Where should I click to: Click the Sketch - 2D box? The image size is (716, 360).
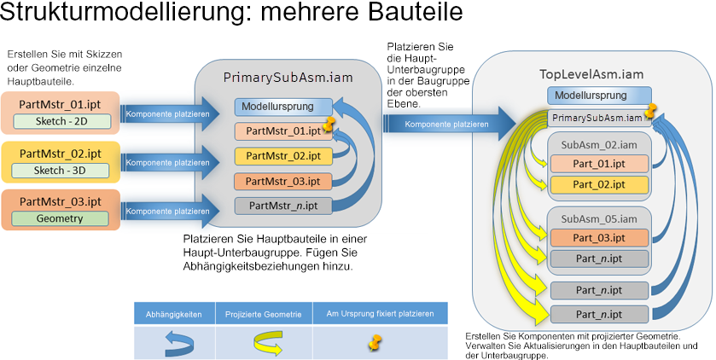click(x=61, y=121)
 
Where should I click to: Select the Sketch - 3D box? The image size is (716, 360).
click(x=61, y=171)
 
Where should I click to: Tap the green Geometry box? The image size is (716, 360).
click(x=60, y=218)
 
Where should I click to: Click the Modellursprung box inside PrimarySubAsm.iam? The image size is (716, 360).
click(x=283, y=107)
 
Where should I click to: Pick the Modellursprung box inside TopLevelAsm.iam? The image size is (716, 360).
click(x=599, y=96)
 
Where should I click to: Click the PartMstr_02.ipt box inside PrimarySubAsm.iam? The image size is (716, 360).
click(x=283, y=156)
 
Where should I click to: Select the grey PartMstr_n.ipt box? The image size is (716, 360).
click(x=283, y=206)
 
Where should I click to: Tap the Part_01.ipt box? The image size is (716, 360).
click(x=599, y=164)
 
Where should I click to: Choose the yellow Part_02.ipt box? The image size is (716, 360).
click(x=599, y=185)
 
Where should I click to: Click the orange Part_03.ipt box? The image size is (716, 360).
click(x=599, y=238)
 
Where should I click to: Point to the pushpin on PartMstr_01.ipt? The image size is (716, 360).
click(x=329, y=124)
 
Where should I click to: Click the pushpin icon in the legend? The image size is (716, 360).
click(x=375, y=342)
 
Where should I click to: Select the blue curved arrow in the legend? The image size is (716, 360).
click(x=179, y=344)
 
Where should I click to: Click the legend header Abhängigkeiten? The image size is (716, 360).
click(x=173, y=315)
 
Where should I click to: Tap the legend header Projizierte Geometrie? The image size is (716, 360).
click(x=263, y=315)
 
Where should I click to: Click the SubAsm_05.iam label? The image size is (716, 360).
click(x=599, y=219)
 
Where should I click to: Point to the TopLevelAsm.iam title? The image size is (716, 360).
click(x=591, y=74)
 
